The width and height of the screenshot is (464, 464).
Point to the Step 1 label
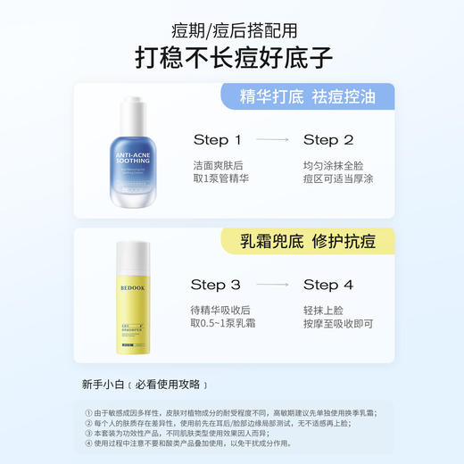coord(218,140)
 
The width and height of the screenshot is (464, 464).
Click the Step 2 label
coord(328,140)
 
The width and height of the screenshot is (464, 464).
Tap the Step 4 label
coord(328,285)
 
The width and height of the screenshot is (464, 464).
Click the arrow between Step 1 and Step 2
coord(273,140)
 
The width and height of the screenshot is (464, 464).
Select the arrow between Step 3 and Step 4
coord(273,285)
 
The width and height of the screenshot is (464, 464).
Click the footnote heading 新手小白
coord(104,385)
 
